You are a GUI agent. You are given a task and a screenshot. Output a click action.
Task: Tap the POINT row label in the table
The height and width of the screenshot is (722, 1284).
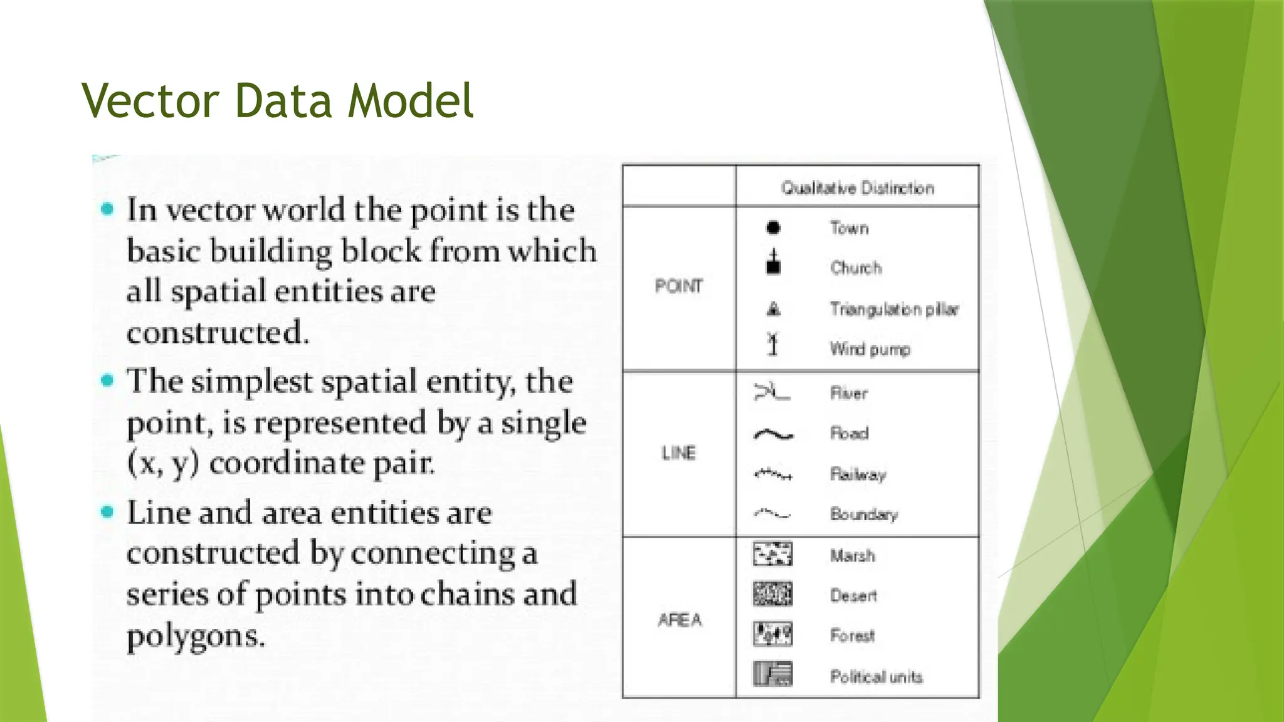pyautogui.click(x=678, y=286)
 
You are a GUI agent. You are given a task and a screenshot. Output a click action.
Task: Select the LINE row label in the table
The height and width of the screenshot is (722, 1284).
pyautogui.click(x=678, y=453)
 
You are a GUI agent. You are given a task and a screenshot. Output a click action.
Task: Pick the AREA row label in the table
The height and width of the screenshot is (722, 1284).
pyautogui.click(x=680, y=620)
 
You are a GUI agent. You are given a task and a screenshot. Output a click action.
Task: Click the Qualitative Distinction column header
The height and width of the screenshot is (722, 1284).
pyautogui.click(x=857, y=188)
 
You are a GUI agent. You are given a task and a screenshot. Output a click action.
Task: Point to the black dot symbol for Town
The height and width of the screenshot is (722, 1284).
pyautogui.click(x=773, y=228)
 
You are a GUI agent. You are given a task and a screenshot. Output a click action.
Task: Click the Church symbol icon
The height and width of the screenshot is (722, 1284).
pyautogui.click(x=774, y=263)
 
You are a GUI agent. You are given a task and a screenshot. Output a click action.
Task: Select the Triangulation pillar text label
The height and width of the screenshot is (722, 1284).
pyautogui.click(x=894, y=309)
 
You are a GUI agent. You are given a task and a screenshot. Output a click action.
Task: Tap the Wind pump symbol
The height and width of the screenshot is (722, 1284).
pyautogui.click(x=773, y=344)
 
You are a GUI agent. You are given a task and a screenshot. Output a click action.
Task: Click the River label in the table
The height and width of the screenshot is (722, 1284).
pyautogui.click(x=849, y=393)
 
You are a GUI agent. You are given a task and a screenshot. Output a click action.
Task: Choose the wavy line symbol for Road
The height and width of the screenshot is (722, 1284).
pyautogui.click(x=773, y=434)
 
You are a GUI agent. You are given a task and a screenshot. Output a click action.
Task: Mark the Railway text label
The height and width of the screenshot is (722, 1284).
pyautogui.click(x=858, y=474)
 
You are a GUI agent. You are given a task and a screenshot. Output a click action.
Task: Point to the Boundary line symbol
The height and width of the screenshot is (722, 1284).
pyautogui.click(x=772, y=514)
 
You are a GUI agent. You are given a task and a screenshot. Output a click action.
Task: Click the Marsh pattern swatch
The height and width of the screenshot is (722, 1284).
pyautogui.click(x=772, y=554)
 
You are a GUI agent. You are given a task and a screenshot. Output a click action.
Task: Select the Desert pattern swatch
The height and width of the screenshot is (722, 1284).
pyautogui.click(x=772, y=594)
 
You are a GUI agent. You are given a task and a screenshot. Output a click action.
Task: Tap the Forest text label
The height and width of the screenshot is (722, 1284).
pyautogui.click(x=852, y=636)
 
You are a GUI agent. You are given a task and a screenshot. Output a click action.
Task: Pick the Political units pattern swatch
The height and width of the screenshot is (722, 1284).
pyautogui.click(x=772, y=674)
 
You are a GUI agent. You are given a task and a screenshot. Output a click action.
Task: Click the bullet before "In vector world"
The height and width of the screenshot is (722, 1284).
pyautogui.click(x=108, y=209)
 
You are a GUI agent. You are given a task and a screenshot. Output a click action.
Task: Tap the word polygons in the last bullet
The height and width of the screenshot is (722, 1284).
pyautogui.click(x=196, y=637)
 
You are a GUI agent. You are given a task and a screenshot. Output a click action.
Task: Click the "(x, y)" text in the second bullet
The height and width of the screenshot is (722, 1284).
pyautogui.click(x=163, y=464)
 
